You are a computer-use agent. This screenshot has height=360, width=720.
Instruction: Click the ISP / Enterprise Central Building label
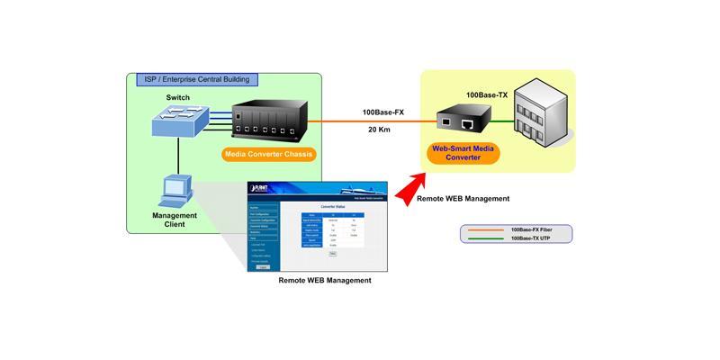197,79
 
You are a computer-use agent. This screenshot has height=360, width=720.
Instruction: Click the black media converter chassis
268,121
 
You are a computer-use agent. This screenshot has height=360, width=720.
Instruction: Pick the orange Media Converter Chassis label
268,154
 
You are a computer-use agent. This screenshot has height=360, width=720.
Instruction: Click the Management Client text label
175,220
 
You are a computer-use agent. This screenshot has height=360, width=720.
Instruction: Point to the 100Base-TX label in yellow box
488,94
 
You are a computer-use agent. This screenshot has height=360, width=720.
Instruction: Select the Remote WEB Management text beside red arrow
463,198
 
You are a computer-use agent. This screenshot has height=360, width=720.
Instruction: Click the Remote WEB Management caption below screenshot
325,281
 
